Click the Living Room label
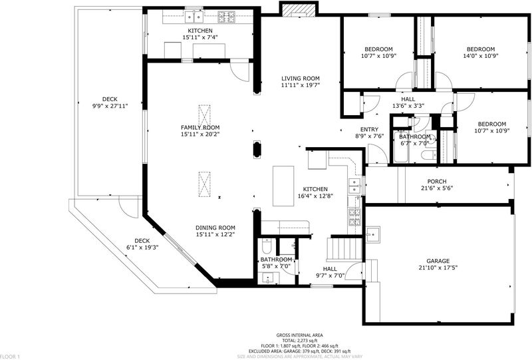[301, 79]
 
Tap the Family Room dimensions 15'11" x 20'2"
[200, 134]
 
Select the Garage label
[438, 261]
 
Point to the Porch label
[437, 182]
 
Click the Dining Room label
[215, 228]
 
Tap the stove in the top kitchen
[226, 17]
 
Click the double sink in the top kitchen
[194, 16]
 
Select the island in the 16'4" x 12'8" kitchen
[283, 186]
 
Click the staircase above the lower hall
[344, 250]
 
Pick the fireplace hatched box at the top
[299, 9]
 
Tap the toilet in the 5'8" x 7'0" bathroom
[267, 246]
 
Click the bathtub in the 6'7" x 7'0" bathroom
[402, 146]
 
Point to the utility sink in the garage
[372, 234]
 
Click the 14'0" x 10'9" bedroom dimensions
[480, 56]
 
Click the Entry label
[369, 129]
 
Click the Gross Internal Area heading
[300, 335]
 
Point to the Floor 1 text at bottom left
[10, 357]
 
